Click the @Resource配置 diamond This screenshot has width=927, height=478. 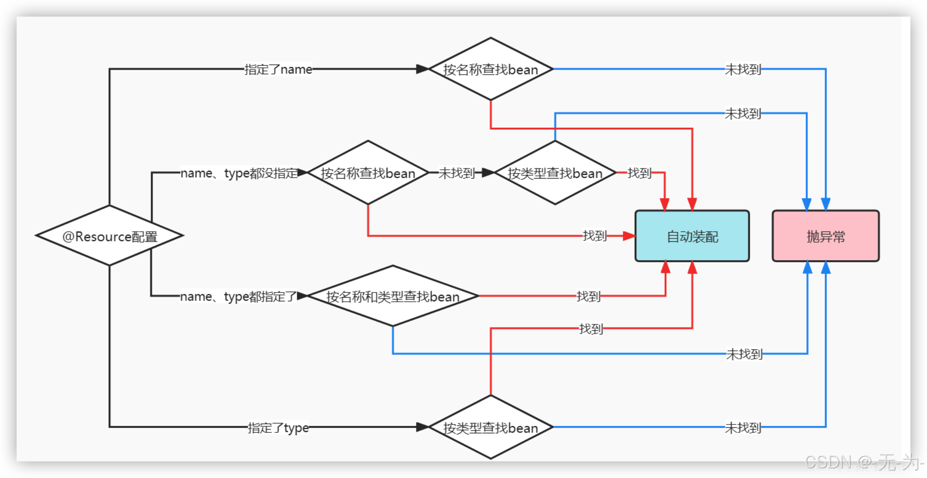tap(109, 236)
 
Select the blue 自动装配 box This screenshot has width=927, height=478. tap(692, 236)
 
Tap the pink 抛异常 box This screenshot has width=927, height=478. tap(825, 236)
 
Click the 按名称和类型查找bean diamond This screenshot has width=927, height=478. tap(392, 296)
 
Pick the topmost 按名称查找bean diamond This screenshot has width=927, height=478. tap(491, 69)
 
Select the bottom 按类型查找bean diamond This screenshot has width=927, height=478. tap(491, 427)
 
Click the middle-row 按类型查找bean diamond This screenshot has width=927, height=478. tap(555, 173)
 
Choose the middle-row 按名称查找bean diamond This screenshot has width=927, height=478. tap(368, 173)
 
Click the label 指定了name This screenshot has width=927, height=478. tap(278, 69)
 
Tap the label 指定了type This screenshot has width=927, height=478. tap(278, 428)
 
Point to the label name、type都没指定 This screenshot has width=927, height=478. tap(239, 173)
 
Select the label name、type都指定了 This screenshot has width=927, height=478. tap(238, 296)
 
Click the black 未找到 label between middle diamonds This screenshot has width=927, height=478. tap(456, 173)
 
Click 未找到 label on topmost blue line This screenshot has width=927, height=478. tap(742, 69)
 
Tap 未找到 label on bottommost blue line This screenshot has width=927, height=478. tap(742, 428)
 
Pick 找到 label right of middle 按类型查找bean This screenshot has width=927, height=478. tap(639, 173)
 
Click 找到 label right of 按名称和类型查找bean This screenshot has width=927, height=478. tap(588, 296)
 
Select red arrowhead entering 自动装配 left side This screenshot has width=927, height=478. tap(629, 236)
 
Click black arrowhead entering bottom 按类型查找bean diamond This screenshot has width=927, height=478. tap(422, 427)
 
